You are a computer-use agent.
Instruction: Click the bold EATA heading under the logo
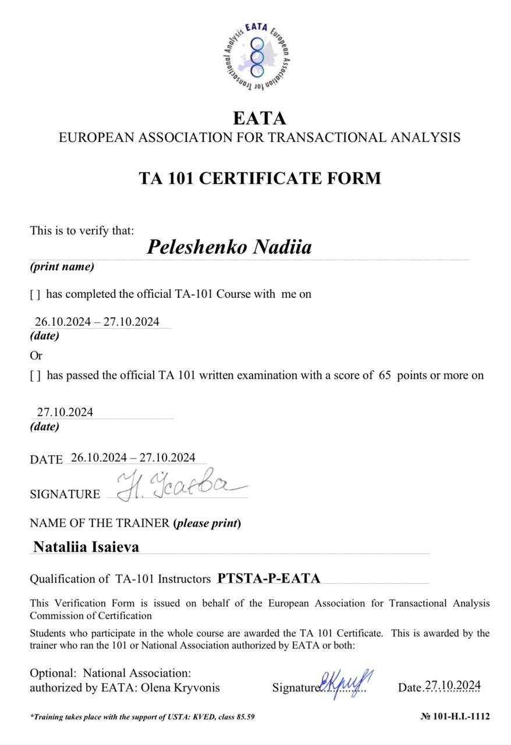point(260,118)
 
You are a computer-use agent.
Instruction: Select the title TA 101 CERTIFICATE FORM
point(260,178)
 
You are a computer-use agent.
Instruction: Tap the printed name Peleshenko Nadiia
point(229,247)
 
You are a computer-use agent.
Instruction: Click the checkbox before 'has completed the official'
point(35,295)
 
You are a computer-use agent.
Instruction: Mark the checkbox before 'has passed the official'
point(35,376)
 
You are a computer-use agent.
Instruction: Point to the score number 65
point(385,375)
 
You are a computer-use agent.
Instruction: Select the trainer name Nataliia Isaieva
point(86,547)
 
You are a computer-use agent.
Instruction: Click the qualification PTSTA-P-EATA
point(269,579)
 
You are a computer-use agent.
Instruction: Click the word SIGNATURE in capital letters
point(65,494)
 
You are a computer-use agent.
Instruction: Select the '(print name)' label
point(62,267)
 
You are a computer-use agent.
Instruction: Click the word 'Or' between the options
point(36,355)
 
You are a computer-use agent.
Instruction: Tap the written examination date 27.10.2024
point(65,412)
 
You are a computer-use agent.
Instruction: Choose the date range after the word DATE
point(133,457)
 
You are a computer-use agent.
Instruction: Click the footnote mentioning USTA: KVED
point(142,716)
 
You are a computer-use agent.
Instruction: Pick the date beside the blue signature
point(452,686)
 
